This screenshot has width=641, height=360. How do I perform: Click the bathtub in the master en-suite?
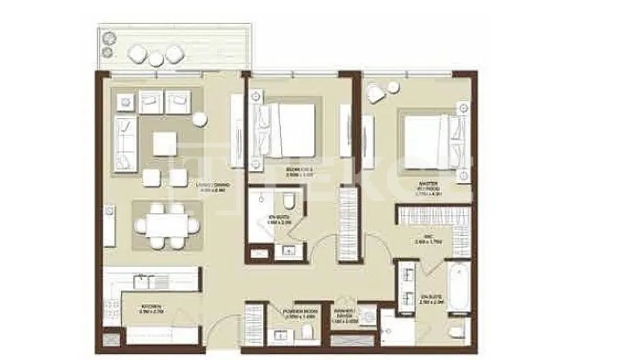click(x=458, y=287)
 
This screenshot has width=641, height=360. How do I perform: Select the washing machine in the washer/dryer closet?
click(x=367, y=316)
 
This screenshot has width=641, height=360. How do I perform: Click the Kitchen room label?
click(x=151, y=308)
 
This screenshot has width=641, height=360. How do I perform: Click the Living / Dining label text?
click(x=213, y=186)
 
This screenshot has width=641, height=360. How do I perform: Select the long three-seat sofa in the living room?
click(x=125, y=144)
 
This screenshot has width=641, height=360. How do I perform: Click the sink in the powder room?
click(x=279, y=334)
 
